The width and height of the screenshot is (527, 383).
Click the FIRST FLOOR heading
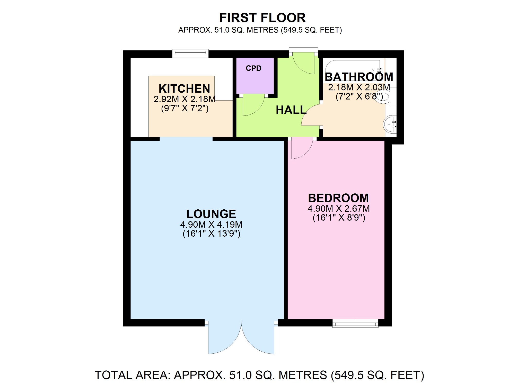click(x=262, y=18)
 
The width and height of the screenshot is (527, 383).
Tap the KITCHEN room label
click(x=184, y=89)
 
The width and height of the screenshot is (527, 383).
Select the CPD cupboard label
click(x=253, y=68)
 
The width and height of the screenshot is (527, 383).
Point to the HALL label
click(x=291, y=110)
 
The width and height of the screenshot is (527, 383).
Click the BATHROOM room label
click(x=359, y=77)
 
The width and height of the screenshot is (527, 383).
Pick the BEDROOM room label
click(x=338, y=198)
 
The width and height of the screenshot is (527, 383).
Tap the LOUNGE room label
click(x=211, y=214)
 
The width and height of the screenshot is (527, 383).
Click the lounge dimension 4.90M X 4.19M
click(x=211, y=225)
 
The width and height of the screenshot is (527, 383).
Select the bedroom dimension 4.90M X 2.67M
click(x=339, y=209)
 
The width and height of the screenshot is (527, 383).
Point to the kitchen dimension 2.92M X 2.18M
click(x=185, y=99)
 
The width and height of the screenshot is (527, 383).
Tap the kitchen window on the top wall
click(x=190, y=53)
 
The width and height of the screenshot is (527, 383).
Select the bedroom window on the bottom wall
click(x=355, y=323)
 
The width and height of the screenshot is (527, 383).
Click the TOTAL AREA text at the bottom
click(x=259, y=375)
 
